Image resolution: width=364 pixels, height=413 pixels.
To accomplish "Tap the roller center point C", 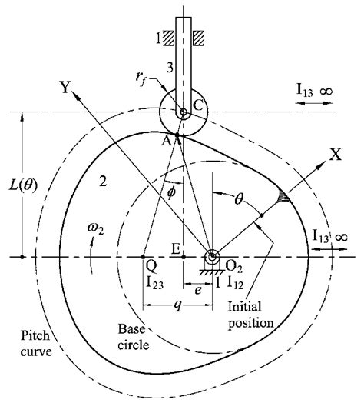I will pos(183,113).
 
